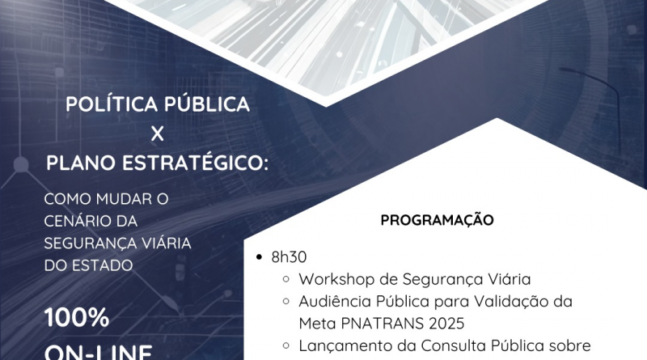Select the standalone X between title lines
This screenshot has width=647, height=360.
click(157, 133)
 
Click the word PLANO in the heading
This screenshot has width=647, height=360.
click(80, 163)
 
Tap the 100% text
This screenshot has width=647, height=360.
click(77, 318)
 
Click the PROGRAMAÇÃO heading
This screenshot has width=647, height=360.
click(437, 219)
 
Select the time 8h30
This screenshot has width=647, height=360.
click(289, 256)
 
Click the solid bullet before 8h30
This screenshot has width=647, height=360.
click(259, 257)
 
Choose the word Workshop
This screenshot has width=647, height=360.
click(336, 279)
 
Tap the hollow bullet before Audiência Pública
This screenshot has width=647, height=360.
click(285, 301)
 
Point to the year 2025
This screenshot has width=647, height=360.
click(446, 324)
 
